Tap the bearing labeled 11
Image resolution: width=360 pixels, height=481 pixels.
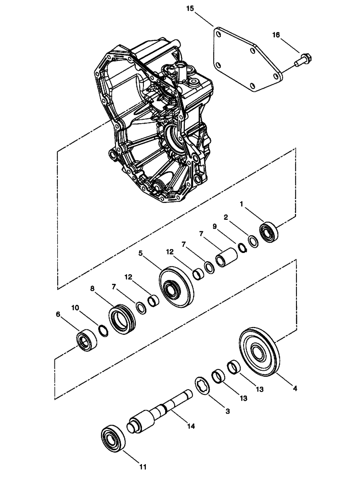tap(114, 439)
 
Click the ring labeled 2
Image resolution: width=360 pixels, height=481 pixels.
tap(252, 240)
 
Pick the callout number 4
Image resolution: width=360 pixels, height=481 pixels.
tap(295, 387)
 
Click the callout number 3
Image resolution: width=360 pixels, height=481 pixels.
tap(228, 412)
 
